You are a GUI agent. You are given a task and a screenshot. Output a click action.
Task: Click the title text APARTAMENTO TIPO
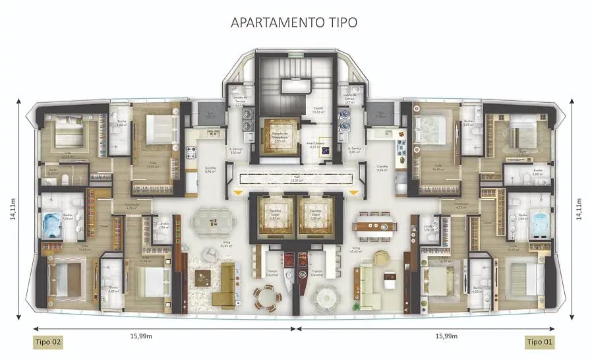click(294, 22)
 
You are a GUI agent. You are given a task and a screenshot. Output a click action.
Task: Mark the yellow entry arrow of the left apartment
click(236, 193)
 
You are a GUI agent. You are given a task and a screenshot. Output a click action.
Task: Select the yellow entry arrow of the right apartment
click(354, 193)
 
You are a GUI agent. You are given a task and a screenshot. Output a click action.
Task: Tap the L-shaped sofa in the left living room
click(226, 284)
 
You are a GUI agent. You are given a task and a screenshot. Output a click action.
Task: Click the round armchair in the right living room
click(382, 258)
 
